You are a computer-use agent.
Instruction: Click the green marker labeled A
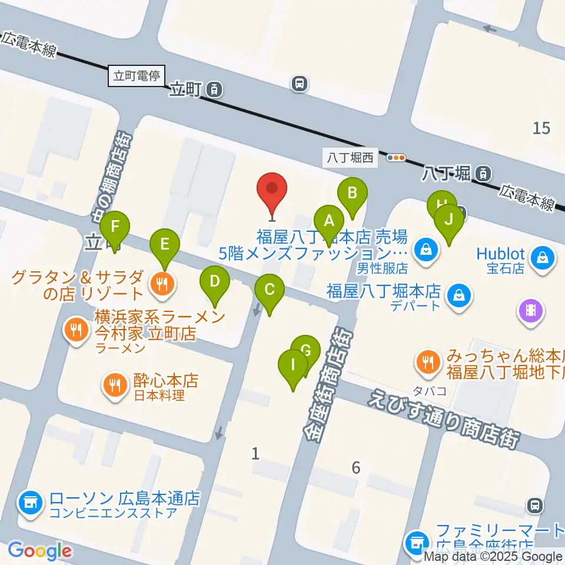click(x=329, y=222)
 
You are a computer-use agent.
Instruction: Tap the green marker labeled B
click(x=352, y=193)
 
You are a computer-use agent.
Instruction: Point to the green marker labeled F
click(x=115, y=227)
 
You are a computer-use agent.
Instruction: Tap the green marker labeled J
click(x=449, y=221)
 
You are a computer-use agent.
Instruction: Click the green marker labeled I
click(x=293, y=365)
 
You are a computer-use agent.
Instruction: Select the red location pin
click(x=272, y=190)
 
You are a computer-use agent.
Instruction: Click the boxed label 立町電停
click(x=137, y=76)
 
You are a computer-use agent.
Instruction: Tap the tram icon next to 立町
click(x=215, y=89)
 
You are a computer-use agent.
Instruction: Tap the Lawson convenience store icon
click(x=30, y=502)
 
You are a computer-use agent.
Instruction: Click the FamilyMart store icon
click(x=417, y=540)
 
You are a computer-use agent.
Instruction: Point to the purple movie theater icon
click(x=531, y=308)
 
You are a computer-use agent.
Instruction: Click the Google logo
click(x=40, y=551)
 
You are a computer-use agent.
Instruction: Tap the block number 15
click(x=541, y=127)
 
